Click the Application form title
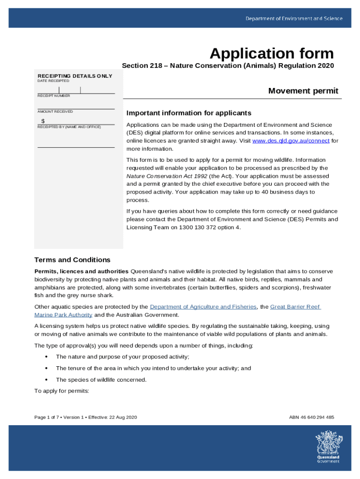coord(272,53)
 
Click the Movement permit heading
coord(303,91)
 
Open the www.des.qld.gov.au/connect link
coord(290,141)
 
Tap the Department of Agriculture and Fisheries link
coord(203,307)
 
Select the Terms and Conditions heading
coord(72,260)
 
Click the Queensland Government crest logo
coord(328,447)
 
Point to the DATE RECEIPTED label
coord(53,81)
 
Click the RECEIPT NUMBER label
coord(54,96)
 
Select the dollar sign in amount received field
coord(43,121)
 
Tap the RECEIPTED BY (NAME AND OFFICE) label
coord(69,127)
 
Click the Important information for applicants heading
coord(189,113)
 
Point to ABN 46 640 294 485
coord(312,417)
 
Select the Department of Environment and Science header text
coord(294,19)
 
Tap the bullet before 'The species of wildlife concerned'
coord(46,380)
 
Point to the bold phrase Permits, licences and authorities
coord(81,271)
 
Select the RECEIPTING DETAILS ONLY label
coord(75,76)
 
